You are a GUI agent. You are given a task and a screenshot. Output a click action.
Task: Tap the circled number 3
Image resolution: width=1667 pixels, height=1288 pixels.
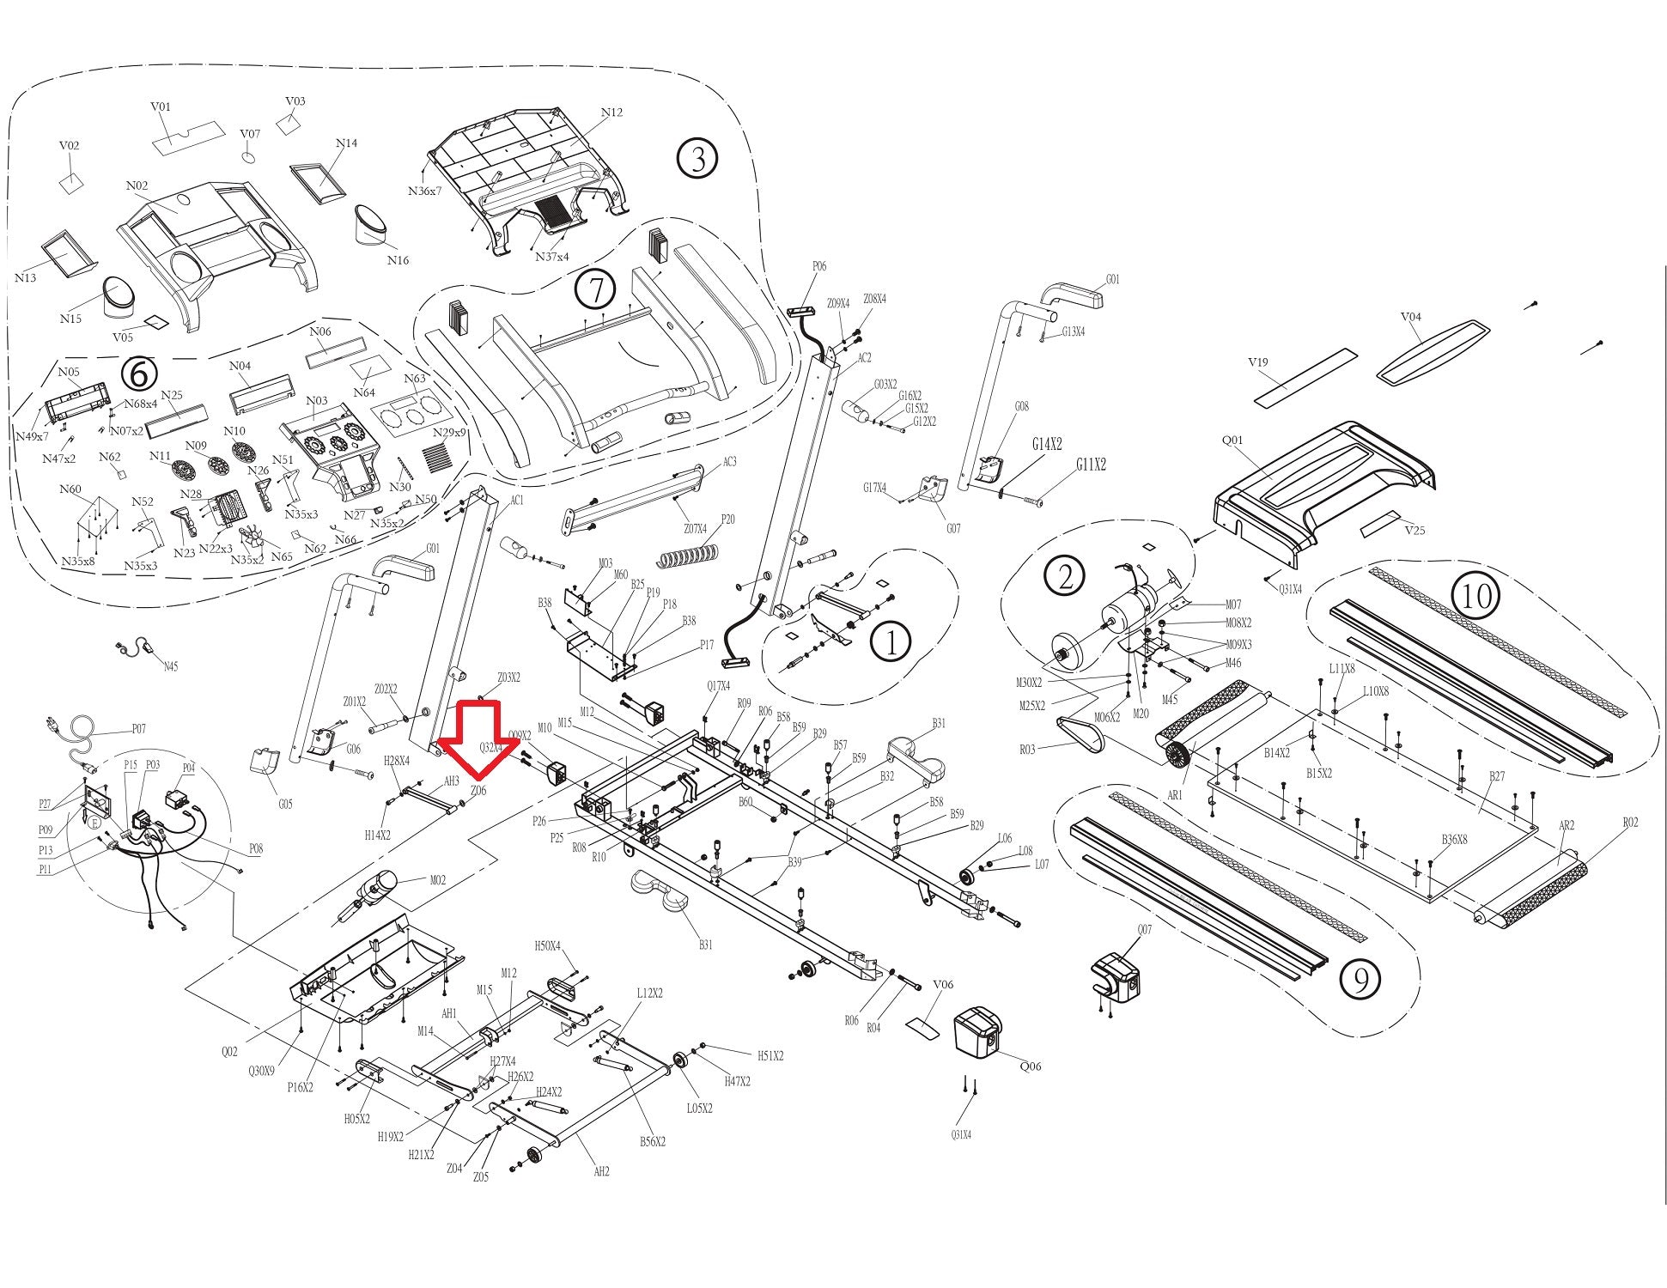click(x=697, y=159)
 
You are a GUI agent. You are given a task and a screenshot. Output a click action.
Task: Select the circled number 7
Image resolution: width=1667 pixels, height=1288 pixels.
click(x=595, y=289)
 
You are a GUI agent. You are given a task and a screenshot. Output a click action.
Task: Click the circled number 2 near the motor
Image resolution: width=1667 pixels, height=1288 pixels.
click(x=1065, y=576)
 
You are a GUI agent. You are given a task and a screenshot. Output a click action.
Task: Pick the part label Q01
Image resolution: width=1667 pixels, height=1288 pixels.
click(x=1232, y=440)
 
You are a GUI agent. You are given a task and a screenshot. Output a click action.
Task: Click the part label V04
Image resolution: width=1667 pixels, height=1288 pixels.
click(x=1411, y=317)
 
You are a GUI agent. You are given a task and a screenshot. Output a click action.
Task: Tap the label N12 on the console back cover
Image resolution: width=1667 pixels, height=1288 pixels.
click(x=611, y=112)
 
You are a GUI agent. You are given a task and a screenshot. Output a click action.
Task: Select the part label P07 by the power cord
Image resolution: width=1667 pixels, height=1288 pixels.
click(x=138, y=729)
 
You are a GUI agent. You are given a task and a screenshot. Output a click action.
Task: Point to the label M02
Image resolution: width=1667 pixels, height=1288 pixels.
click(x=437, y=880)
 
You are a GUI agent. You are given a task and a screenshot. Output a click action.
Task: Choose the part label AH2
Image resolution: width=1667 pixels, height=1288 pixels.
click(x=601, y=1171)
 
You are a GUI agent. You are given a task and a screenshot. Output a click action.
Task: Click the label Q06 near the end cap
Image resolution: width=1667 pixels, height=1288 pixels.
click(x=1031, y=1066)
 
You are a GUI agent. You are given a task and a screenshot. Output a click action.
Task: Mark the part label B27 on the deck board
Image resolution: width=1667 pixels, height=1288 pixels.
click(x=1497, y=776)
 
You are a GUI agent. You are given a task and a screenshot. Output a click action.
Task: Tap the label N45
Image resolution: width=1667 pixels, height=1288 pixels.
click(x=170, y=666)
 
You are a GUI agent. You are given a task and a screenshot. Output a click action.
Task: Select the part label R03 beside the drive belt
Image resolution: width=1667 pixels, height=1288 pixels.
click(x=1027, y=750)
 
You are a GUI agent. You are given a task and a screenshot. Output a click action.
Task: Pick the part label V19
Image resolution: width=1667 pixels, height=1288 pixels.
click(x=1257, y=362)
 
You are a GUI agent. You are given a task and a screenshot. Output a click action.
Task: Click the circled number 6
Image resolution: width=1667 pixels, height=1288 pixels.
click(x=140, y=373)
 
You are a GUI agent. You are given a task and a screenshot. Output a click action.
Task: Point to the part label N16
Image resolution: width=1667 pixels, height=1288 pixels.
click(x=398, y=260)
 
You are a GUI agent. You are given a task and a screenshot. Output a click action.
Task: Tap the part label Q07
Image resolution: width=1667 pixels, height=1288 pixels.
click(x=1144, y=930)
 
